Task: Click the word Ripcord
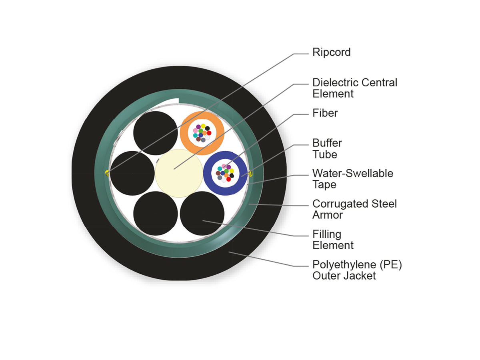[331, 53]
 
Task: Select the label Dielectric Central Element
[355, 88]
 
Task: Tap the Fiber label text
[325, 113]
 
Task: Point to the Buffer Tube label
[327, 149]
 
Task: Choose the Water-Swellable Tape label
[353, 179]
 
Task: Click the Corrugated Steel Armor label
[354, 209]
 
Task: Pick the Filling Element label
[333, 240]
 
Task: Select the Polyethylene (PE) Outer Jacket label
[357, 270]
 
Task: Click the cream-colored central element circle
[179, 173]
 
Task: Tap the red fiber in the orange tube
[209, 133]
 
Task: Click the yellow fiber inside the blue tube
[232, 171]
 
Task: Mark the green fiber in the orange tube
[200, 131]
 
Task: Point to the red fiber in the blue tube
[228, 179]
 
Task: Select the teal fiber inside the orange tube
[195, 135]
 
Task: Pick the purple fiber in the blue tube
[228, 167]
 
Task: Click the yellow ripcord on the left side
[107, 173]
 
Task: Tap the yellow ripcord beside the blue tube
[251, 174]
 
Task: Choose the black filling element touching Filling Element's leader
[202, 214]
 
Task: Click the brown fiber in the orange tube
[198, 139]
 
